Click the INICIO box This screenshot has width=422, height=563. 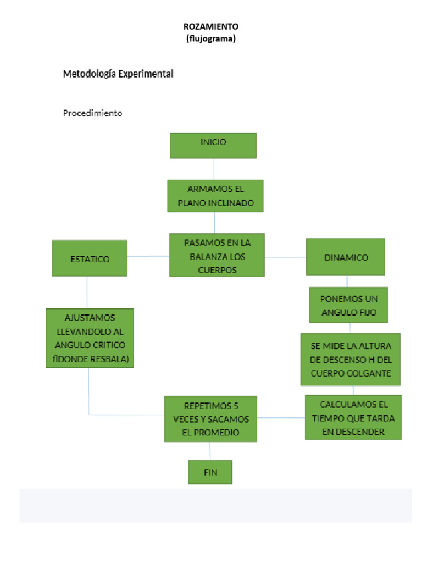pos(213,145)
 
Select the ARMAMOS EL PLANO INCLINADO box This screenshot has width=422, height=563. pos(215,196)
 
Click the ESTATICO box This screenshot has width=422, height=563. pos(90,258)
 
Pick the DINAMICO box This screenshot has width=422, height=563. pos(346,257)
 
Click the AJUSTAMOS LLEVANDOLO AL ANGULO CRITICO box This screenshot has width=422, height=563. pos(90,338)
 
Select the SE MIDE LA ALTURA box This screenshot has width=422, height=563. pos(351,359)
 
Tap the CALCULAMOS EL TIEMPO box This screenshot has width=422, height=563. pos(354,417)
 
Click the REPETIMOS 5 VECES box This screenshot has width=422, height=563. pos(211,418)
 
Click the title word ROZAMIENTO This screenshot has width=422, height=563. pos(211,26)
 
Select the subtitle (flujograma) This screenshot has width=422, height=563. pos(211,38)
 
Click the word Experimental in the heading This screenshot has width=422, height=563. pos(146,73)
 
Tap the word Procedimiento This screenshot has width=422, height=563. pos(92,113)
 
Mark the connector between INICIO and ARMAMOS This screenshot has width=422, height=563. pos(214,169)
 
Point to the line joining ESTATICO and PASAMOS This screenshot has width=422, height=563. pos(148,256)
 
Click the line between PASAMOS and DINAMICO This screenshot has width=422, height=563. pos(286,256)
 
